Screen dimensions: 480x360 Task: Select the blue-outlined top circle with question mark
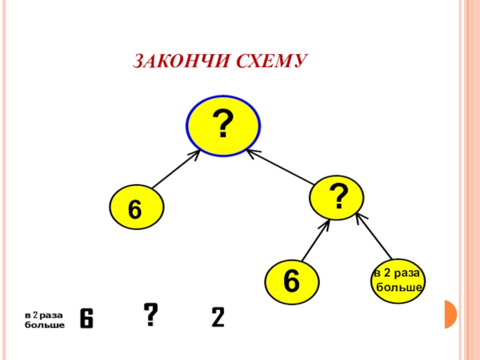tap(223, 126)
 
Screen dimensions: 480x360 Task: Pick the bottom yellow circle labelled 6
tap(292, 281)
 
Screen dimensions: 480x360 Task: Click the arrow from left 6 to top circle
tap(175, 170)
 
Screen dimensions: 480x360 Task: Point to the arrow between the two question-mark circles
tap(281, 167)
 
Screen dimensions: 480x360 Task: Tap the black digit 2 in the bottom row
tap(217, 317)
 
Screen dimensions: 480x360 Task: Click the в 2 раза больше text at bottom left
tap(44, 320)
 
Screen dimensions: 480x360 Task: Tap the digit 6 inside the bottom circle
tap(292, 281)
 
